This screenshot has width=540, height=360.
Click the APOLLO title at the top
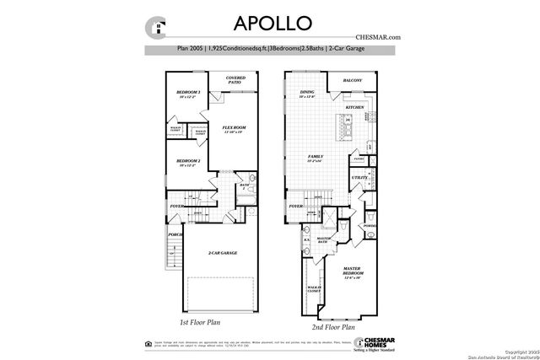[x=270, y=22]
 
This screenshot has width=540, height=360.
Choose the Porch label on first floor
[x=175, y=234]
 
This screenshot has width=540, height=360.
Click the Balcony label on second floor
[x=353, y=81]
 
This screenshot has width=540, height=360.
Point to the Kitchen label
[x=354, y=108]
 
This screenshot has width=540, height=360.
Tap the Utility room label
[x=358, y=178]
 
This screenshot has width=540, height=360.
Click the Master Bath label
[x=322, y=240]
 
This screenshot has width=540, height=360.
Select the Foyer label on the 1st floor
[x=177, y=205]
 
